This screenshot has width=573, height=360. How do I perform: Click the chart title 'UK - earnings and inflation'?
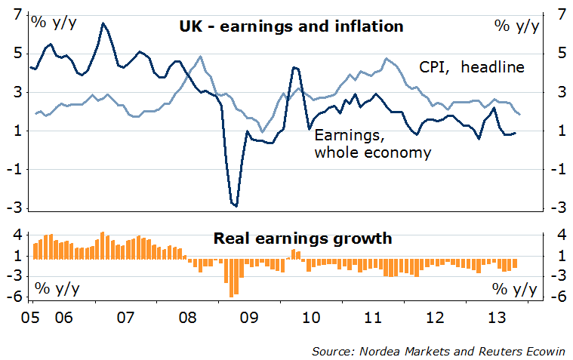point(291,26)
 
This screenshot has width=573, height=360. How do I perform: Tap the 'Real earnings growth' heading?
point(303,239)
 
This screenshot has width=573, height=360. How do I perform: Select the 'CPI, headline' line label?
point(472,67)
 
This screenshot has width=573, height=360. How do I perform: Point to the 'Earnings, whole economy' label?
point(372,144)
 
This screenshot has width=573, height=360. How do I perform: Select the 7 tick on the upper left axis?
point(17,14)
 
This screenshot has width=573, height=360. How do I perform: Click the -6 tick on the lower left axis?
point(14,297)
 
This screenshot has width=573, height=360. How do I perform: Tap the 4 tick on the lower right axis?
point(561,235)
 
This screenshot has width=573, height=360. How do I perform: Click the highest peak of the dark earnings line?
point(103,23)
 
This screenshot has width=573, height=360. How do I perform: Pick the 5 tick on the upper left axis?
point(17,54)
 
